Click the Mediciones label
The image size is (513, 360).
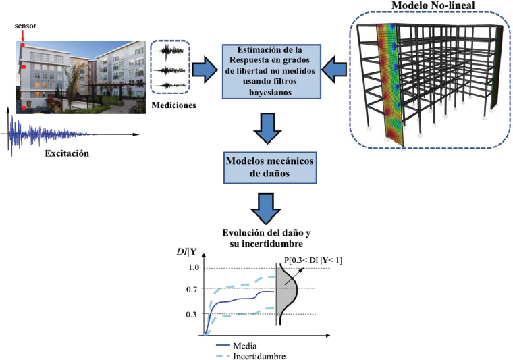(x=174, y=105)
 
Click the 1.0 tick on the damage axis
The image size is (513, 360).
(x=194, y=268)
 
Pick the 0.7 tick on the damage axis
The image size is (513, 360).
(x=194, y=290)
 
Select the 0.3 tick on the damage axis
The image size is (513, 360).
(x=194, y=314)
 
